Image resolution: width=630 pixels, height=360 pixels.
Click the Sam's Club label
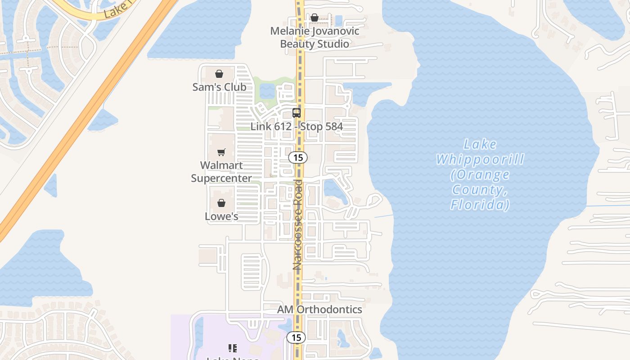point(219,87)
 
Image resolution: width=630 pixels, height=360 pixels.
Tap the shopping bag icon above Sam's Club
point(219,74)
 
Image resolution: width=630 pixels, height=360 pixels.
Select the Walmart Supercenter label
point(221,171)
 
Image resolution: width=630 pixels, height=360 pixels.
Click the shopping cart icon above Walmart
point(221,152)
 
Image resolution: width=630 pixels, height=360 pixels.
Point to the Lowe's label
point(221,216)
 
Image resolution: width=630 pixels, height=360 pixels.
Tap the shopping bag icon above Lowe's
point(221,203)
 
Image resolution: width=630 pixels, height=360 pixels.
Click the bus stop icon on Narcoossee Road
point(297,113)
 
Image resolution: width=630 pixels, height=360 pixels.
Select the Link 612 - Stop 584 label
point(297,126)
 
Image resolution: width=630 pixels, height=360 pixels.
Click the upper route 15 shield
point(297,157)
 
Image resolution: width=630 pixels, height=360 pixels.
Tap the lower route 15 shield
point(296,337)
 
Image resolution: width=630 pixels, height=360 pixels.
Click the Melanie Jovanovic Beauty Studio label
point(315,37)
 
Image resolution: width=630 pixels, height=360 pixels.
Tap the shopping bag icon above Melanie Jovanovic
point(315,18)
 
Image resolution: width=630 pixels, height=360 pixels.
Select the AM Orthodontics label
point(319,310)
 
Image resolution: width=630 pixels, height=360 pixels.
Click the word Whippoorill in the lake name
point(480,159)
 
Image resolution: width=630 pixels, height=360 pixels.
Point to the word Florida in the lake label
point(480,205)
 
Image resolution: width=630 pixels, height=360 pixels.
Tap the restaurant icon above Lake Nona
point(233,348)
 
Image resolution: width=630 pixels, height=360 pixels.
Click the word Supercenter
point(221,178)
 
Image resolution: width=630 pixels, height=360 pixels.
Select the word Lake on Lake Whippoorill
point(480,144)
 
